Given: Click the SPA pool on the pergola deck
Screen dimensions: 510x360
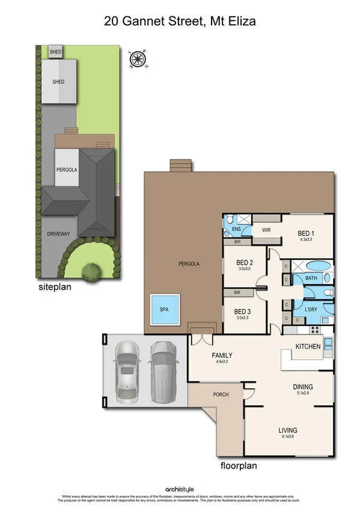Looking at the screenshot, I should [164, 309].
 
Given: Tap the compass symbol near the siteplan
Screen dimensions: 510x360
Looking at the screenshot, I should [138, 59].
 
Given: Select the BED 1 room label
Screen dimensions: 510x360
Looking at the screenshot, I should [306, 234].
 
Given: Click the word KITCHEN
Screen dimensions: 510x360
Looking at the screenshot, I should [308, 347].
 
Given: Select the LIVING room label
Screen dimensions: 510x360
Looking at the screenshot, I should [288, 430].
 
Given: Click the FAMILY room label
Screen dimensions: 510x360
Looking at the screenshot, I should [221, 355].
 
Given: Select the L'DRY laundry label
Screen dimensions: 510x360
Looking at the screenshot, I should [311, 310].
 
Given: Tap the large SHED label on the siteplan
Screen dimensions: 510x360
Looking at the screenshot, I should [58, 82].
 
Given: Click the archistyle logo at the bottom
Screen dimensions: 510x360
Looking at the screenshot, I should [180, 489].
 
